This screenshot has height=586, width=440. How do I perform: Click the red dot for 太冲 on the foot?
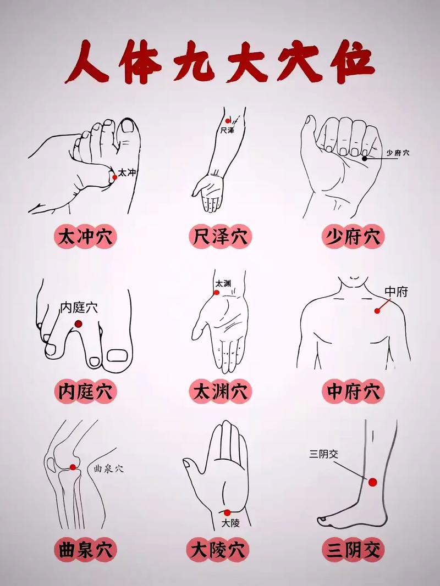(x=114, y=177)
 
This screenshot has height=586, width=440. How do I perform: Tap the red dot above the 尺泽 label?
(x=228, y=120)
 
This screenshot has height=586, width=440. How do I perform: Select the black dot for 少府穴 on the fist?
(x=364, y=158)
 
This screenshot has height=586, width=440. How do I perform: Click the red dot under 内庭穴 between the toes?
(x=79, y=323)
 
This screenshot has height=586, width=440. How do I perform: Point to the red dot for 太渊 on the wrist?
(x=216, y=293)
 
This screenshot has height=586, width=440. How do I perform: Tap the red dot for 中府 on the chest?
(x=377, y=310)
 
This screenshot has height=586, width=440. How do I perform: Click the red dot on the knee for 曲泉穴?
(x=73, y=467)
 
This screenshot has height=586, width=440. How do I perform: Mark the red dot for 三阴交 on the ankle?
(x=372, y=482)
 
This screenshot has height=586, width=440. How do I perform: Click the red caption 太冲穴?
(x=86, y=237)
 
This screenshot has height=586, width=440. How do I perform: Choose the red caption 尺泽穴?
(x=220, y=237)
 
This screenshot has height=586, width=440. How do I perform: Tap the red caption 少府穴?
(x=353, y=237)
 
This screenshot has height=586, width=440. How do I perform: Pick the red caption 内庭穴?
(x=86, y=391)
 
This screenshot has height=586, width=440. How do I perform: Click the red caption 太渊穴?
(x=220, y=391)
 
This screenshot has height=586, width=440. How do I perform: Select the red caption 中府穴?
(x=353, y=391)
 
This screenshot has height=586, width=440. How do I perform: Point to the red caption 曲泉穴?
(x=86, y=549)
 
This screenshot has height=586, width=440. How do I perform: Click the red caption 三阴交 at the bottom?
(x=353, y=549)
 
